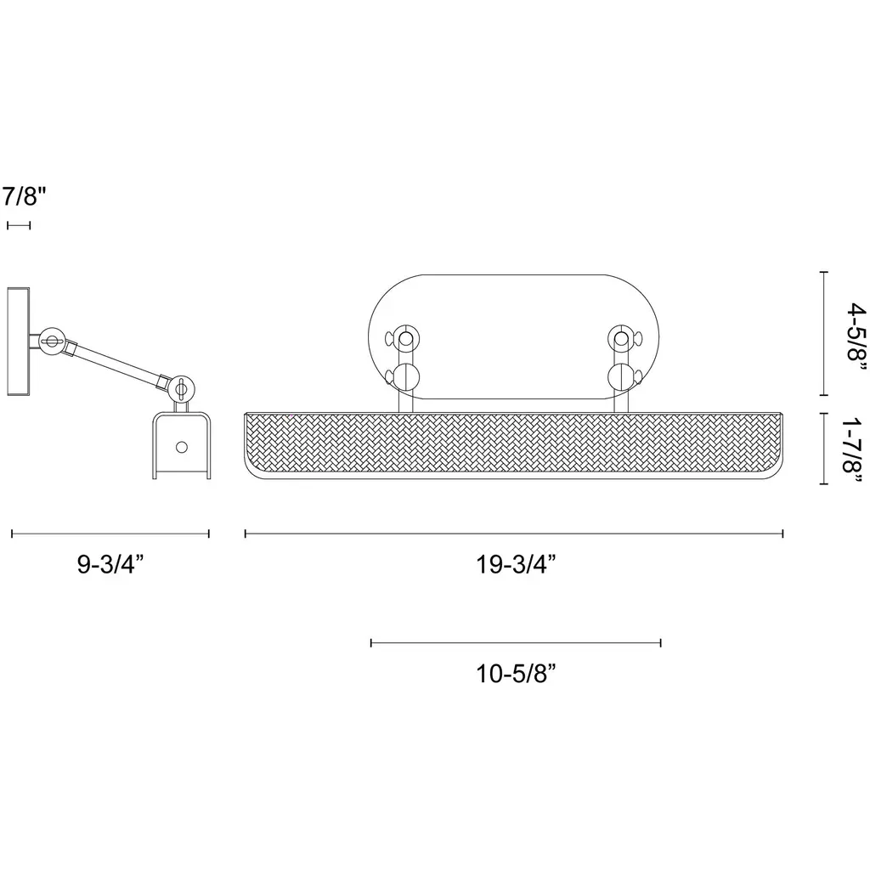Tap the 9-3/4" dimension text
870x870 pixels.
tap(110, 564)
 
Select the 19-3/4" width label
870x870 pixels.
tap(516, 565)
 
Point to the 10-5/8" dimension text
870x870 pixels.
tap(516, 674)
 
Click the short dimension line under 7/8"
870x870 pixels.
tap(19, 225)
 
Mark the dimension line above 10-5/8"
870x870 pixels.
tap(516, 643)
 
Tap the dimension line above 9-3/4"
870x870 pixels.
tap(110, 534)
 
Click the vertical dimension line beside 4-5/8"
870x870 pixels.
tap(824, 333)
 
